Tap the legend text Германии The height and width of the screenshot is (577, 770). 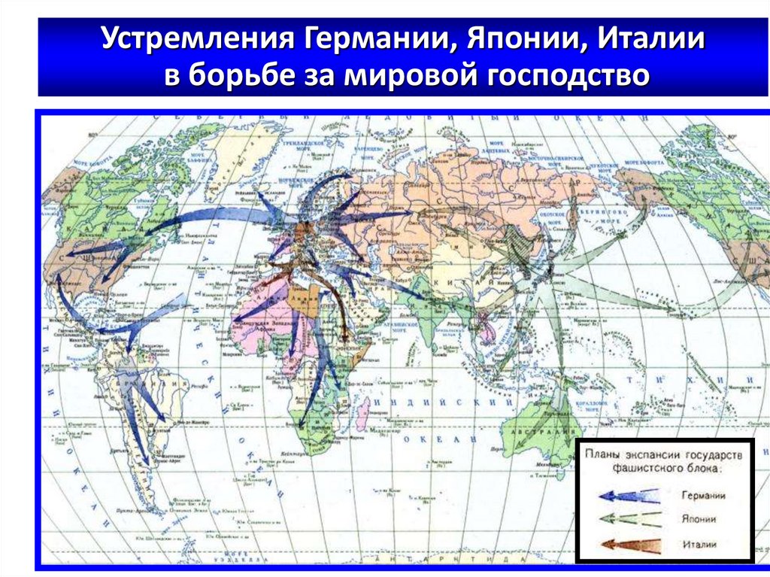pyautogui.click(x=704, y=496)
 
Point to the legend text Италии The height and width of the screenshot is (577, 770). pyautogui.click(x=699, y=544)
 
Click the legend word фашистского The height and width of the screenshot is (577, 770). pyautogui.click(x=641, y=468)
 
